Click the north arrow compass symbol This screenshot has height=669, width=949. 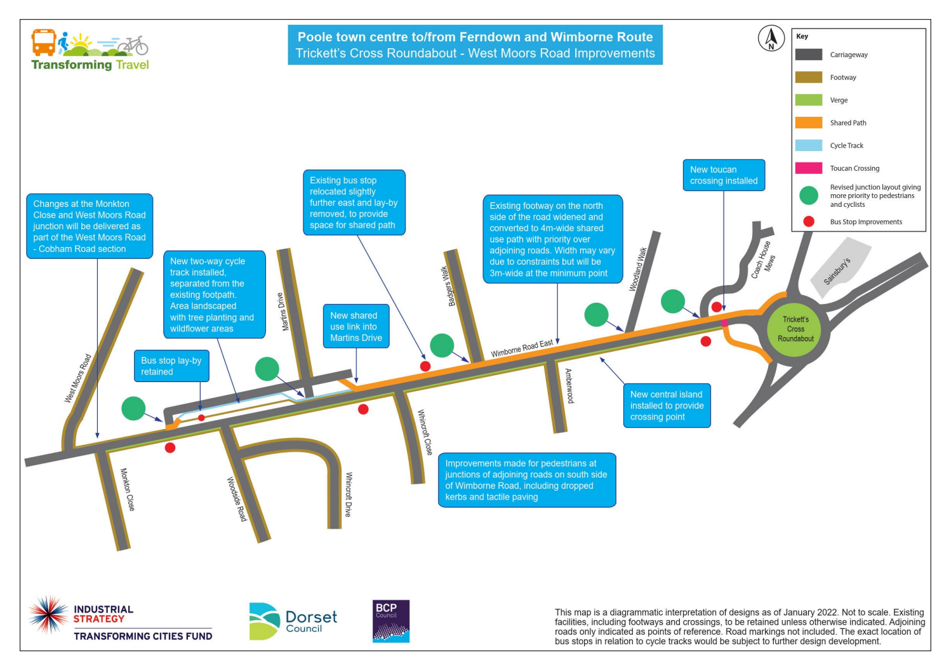771,39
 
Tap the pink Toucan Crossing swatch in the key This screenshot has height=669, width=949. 809,168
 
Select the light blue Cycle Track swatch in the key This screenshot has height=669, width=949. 809,145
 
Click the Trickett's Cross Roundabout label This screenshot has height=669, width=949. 796,329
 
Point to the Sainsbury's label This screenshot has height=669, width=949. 837,271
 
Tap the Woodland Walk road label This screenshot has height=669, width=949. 639,269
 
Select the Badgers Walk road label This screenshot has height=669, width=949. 448,286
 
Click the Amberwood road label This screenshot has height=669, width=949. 569,386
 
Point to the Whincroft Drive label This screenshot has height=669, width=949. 348,494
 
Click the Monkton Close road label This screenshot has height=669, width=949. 128,489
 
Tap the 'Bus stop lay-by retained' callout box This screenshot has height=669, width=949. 171,366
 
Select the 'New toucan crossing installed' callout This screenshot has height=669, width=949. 724,175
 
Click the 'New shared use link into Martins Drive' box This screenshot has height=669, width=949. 356,326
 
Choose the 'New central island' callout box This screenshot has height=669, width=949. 667,406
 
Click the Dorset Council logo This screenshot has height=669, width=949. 293,621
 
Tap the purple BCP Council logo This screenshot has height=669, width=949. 390,621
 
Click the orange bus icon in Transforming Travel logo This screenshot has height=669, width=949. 44,42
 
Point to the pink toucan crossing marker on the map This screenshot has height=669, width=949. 724,323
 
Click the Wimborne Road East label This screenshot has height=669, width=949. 522,348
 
